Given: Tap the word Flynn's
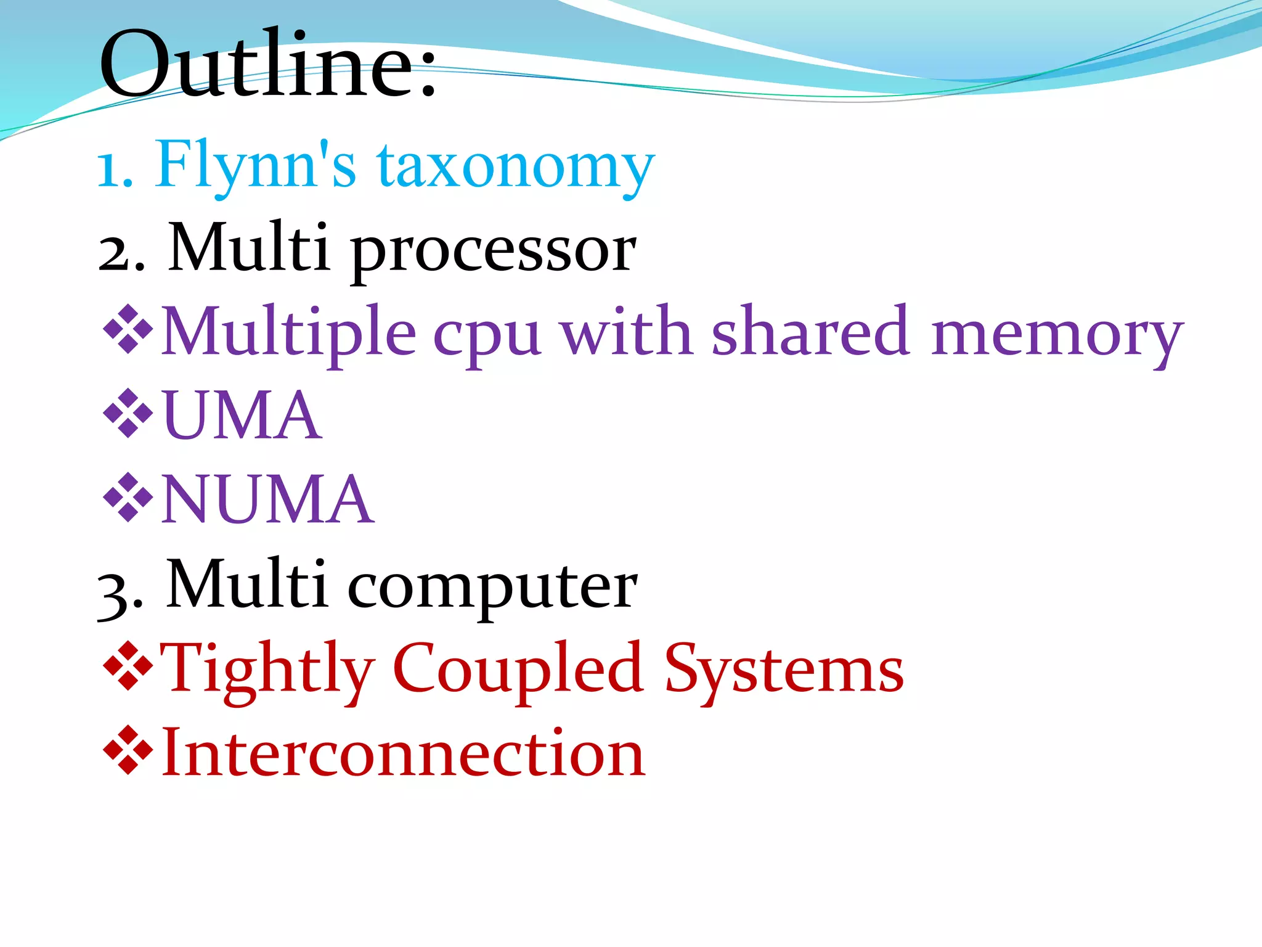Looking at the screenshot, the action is click(x=256, y=165).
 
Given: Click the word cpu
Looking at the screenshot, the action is click(x=487, y=336).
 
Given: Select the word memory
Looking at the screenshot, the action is click(x=1056, y=336).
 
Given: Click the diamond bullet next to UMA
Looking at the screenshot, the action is click(x=128, y=414).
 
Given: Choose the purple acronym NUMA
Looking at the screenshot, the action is click(x=267, y=499).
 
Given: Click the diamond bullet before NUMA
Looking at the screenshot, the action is click(x=128, y=498).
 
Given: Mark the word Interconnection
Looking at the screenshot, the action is click(x=403, y=753).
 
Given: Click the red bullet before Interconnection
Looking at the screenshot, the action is click(x=128, y=750).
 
